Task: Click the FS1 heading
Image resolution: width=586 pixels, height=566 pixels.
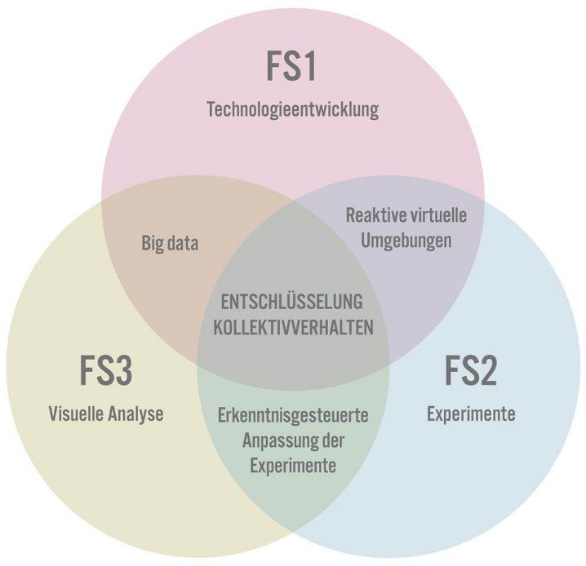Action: (291, 66)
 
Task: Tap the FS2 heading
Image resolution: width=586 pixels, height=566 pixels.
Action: (471, 370)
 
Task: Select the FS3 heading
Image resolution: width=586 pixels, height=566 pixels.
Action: (106, 370)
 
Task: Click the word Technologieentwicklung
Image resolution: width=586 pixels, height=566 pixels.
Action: (293, 110)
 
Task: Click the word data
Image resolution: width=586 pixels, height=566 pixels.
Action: (183, 243)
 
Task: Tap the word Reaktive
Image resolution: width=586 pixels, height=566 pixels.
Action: (375, 215)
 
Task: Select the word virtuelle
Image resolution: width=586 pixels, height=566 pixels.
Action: (438, 215)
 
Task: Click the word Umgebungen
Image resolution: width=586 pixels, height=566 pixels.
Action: (406, 241)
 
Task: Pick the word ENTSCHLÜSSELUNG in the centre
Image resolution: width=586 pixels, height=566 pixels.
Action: (292, 301)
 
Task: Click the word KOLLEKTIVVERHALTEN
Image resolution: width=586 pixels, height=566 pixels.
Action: (293, 327)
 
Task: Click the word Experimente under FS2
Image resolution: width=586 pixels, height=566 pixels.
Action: (471, 414)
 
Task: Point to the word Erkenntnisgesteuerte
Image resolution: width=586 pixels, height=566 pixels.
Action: (293, 416)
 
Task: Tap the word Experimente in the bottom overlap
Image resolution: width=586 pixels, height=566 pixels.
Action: (293, 467)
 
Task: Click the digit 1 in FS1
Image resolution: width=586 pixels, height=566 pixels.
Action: (309, 66)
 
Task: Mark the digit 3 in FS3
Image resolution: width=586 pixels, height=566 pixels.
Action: (123, 370)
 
